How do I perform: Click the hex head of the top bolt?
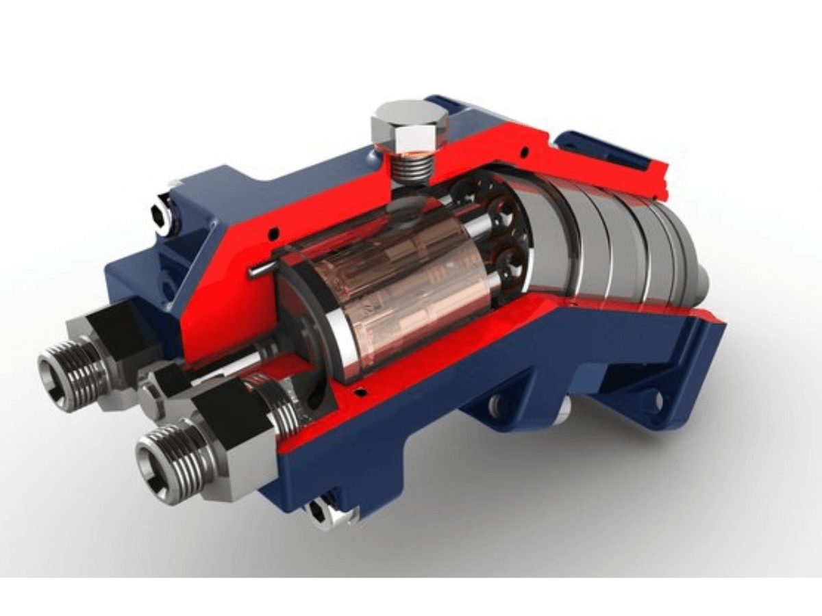coord(410,127)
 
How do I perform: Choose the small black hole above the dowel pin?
coord(273,233)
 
